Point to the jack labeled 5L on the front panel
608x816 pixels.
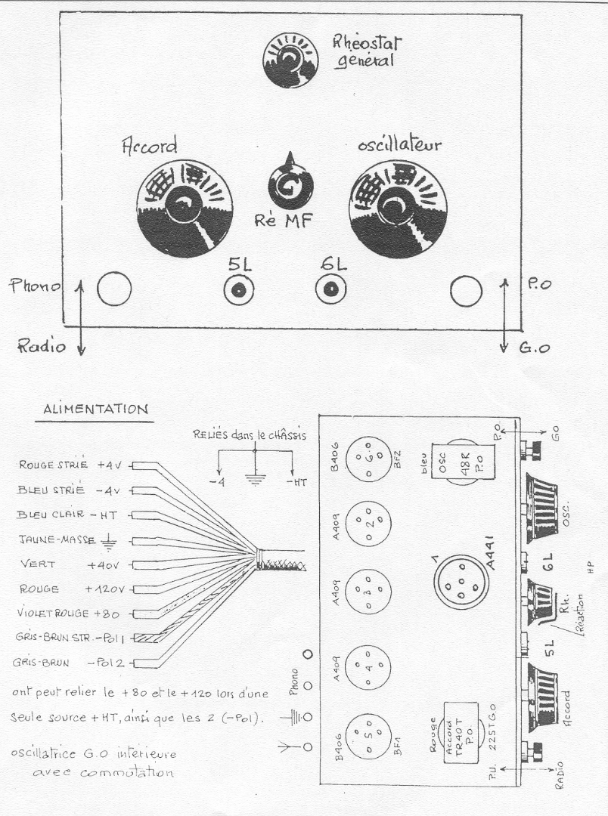pyautogui.click(x=237, y=289)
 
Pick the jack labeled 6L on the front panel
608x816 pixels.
pyautogui.click(x=330, y=289)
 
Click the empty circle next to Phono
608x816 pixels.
pyautogui.click(x=115, y=289)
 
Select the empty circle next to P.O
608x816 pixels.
pyautogui.click(x=465, y=289)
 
